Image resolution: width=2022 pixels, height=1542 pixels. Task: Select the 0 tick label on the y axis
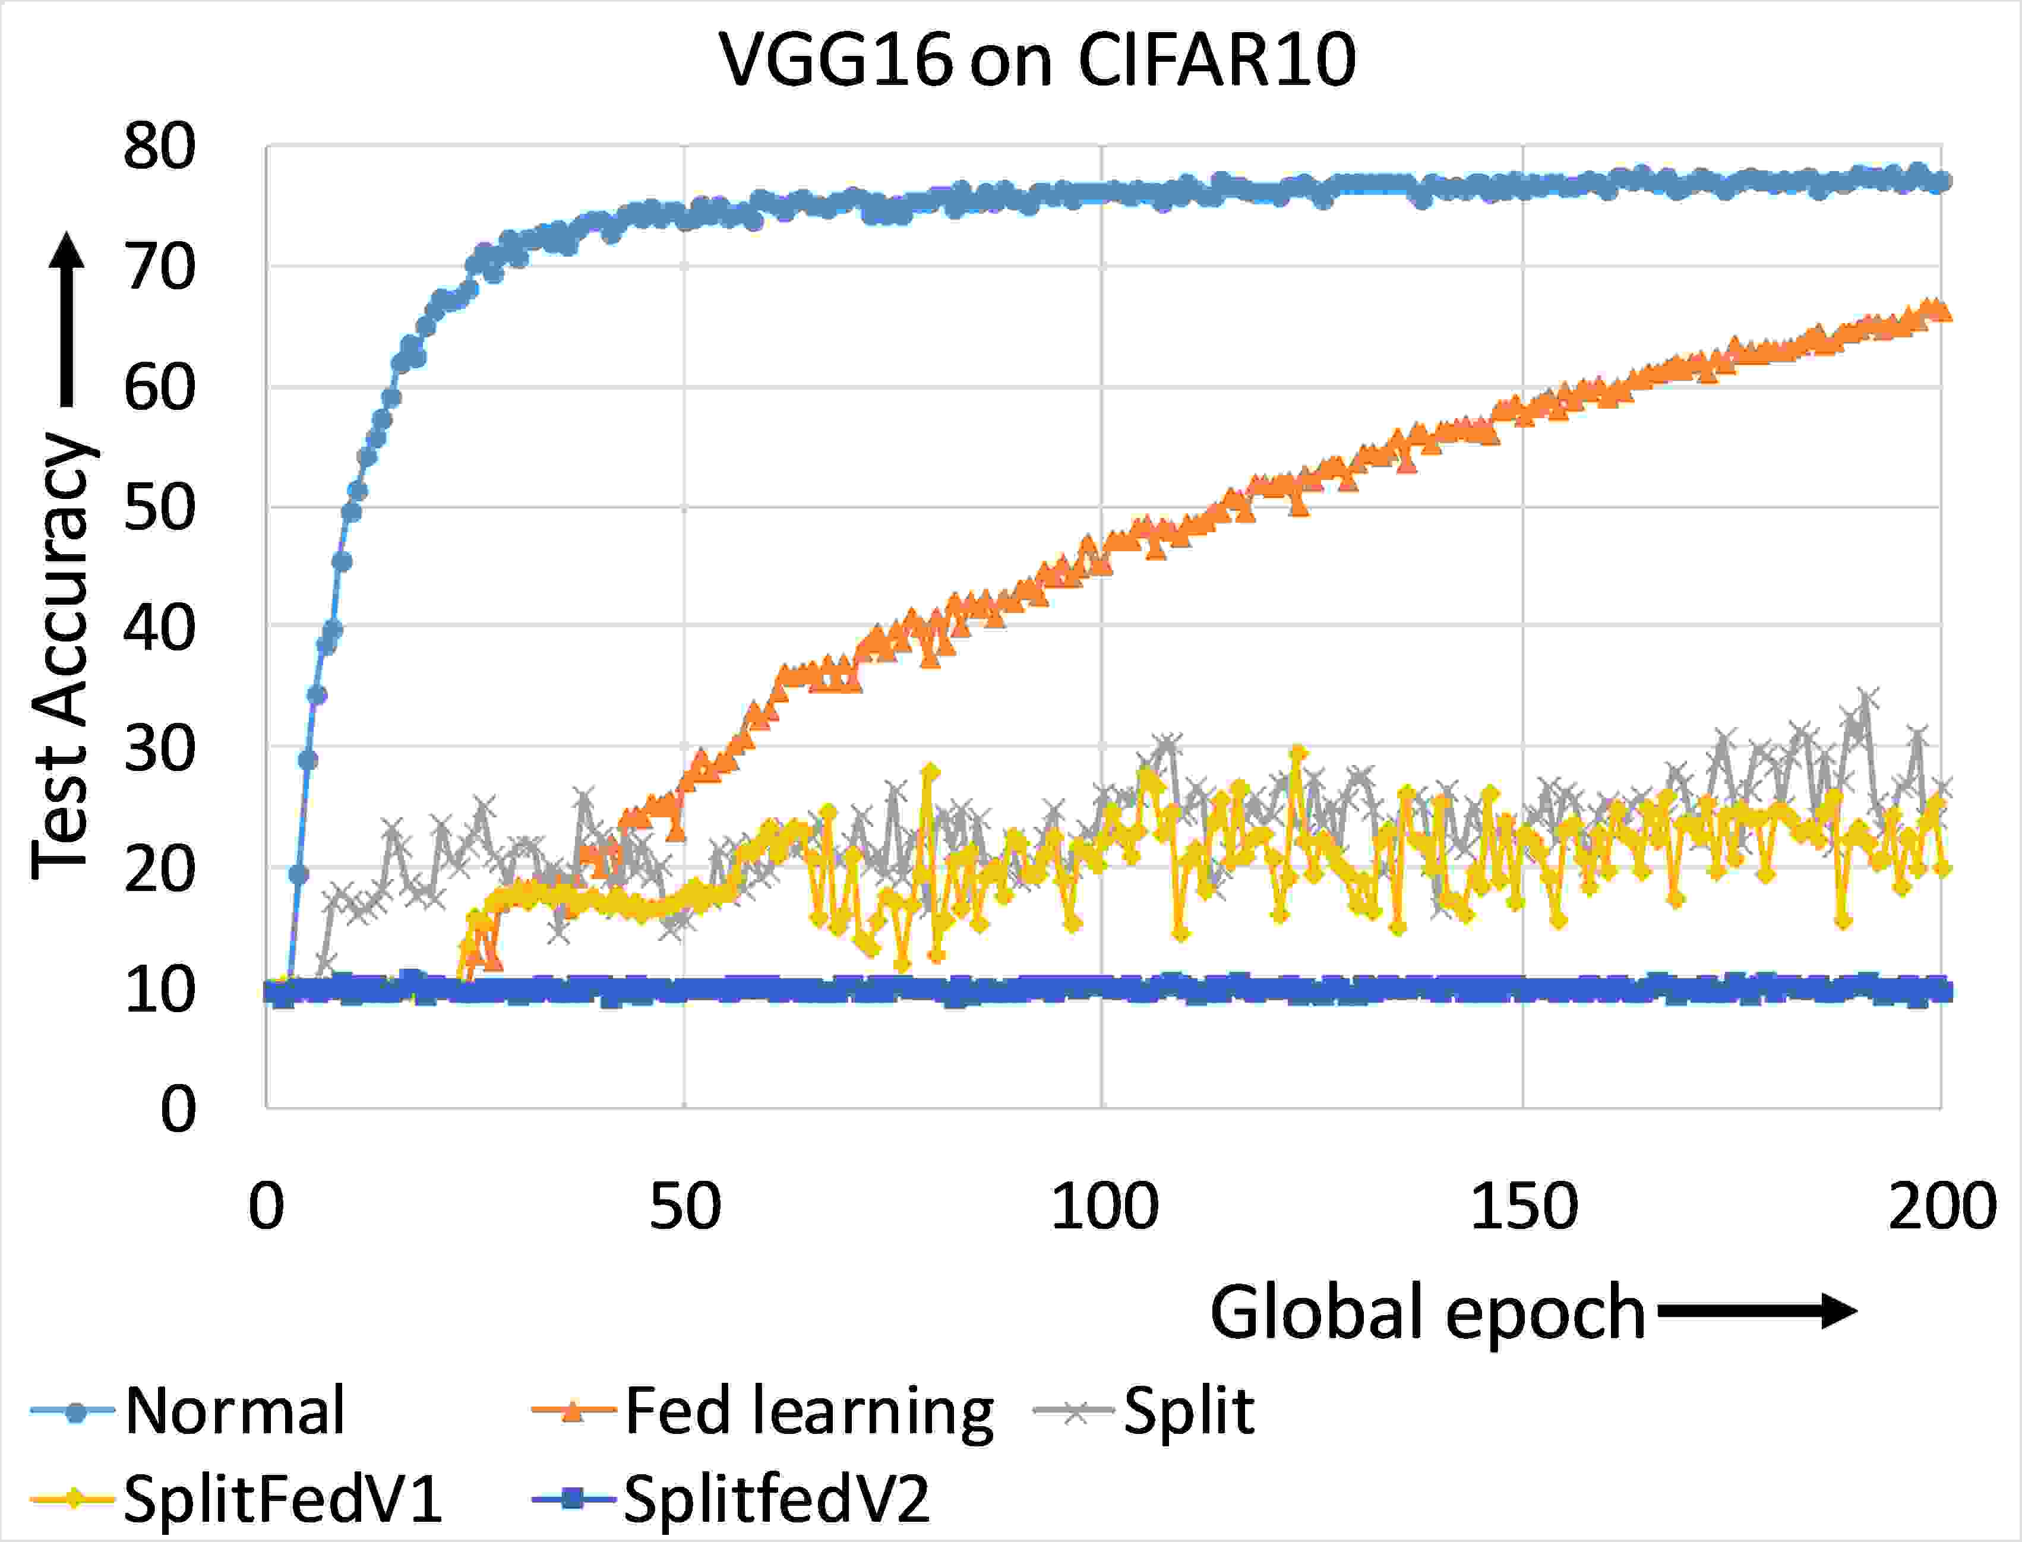(x=178, y=1109)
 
